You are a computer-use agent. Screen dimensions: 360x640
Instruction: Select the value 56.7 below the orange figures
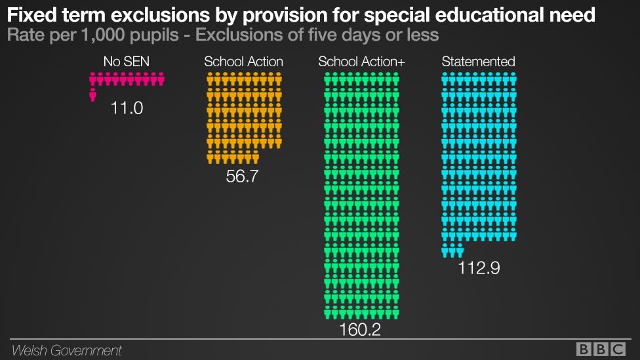tap(242, 176)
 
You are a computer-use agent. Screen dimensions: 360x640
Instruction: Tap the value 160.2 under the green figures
tap(360, 329)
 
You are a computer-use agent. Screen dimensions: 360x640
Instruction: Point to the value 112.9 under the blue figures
tap(479, 268)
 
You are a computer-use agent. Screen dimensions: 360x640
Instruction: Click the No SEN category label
tap(127, 62)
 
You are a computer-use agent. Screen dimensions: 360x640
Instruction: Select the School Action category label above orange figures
tap(243, 62)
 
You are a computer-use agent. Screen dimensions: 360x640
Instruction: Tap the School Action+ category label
tap(361, 62)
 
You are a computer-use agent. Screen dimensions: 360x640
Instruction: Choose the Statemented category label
tap(478, 62)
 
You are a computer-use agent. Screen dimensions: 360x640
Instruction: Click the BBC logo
tap(601, 350)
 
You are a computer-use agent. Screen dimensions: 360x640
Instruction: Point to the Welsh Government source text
tap(66, 350)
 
